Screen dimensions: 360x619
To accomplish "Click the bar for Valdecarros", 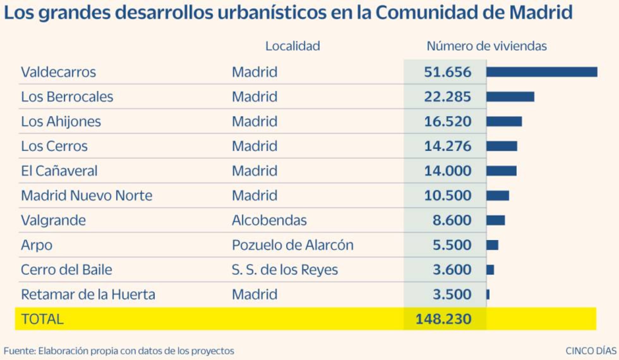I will coord(542,72).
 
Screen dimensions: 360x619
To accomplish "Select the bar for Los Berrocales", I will coord(510,97).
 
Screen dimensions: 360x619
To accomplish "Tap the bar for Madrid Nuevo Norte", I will coord(497,195).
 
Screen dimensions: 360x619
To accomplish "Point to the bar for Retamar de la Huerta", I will coord(488,294).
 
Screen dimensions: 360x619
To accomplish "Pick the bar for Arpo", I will coord(492,245).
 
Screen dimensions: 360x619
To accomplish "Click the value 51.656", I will coord(447,72).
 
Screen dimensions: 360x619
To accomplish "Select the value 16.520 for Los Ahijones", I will coord(447,121).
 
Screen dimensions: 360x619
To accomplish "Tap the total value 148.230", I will coord(443,319).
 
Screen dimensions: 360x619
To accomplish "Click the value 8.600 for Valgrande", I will coord(452,220).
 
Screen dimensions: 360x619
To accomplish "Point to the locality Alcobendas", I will coord(269,220).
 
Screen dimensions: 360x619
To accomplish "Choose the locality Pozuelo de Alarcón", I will coord(292,245).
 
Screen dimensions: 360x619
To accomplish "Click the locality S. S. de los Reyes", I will coord(285,270).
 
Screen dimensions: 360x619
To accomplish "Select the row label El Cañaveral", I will coord(59,171).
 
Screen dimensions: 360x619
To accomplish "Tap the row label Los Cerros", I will coord(54,146).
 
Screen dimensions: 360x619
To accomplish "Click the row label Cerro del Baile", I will coord(66,270).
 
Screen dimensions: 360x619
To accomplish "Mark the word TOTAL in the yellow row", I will coord(42,319).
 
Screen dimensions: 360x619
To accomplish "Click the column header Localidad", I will coord(292,46).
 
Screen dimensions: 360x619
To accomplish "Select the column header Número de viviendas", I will coord(486,46).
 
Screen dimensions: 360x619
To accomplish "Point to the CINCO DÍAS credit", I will coord(591,351).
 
